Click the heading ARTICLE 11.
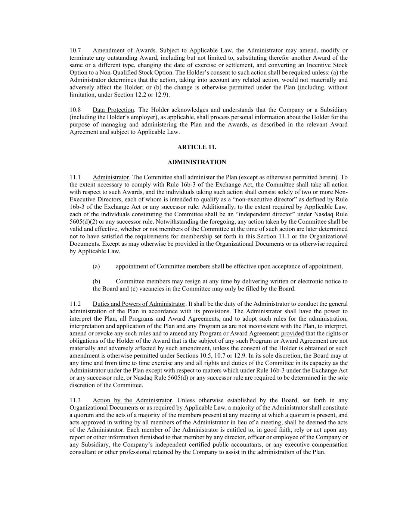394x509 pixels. point(197,147)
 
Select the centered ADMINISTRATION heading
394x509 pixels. point(197,162)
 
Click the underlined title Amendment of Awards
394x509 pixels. point(124,50)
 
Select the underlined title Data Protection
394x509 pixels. point(113,110)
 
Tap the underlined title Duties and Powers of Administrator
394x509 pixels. point(139,304)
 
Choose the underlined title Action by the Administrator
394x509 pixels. point(132,400)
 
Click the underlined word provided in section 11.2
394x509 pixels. point(292,333)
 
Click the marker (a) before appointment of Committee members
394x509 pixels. point(96,266)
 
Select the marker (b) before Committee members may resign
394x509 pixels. point(96,282)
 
